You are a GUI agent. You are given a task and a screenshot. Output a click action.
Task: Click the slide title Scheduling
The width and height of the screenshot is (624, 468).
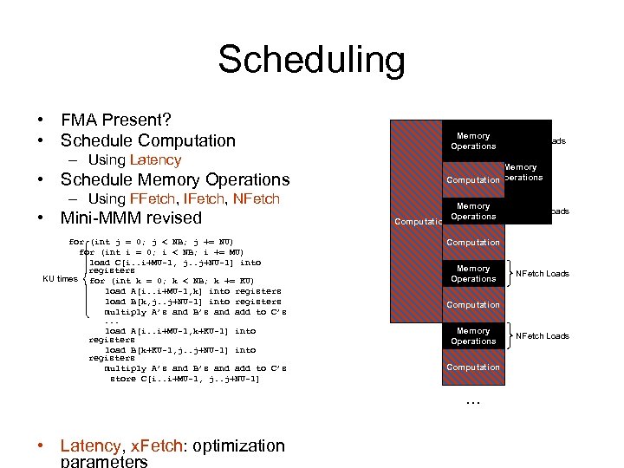click(311, 61)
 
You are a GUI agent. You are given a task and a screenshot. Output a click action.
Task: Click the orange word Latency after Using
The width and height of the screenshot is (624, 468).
click(155, 159)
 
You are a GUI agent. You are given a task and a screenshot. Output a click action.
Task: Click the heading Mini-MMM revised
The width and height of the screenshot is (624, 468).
click(130, 218)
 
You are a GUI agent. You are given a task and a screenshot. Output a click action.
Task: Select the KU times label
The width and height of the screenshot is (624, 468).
click(60, 279)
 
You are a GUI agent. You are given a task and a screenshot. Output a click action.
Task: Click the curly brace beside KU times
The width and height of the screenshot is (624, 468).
click(84, 279)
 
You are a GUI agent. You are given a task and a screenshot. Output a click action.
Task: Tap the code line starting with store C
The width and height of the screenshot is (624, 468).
click(185, 379)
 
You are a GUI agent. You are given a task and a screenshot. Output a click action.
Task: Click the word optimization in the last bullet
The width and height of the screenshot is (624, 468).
click(238, 446)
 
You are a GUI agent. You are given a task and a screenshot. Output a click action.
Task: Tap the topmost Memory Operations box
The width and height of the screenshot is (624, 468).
click(473, 141)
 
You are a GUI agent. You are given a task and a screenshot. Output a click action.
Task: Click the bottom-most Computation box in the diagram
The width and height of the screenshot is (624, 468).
click(473, 367)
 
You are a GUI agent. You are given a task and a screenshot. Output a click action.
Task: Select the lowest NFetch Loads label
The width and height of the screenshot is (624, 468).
click(543, 336)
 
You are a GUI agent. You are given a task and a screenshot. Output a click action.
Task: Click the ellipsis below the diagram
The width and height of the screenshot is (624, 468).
click(473, 400)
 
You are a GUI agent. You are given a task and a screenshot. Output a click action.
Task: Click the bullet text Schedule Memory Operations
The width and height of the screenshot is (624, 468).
click(174, 179)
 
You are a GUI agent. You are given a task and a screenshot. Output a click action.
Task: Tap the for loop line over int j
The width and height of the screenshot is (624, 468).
click(152, 242)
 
